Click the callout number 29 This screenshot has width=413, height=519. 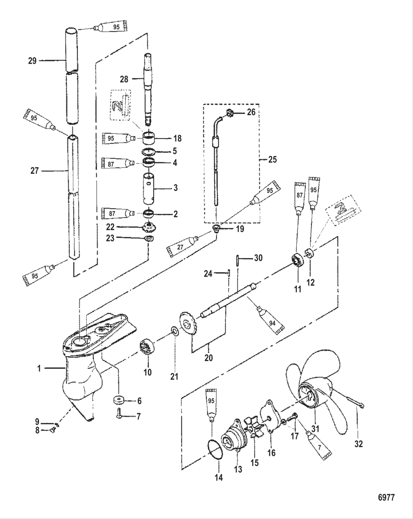click(x=32, y=61)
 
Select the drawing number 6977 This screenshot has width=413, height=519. click(x=386, y=498)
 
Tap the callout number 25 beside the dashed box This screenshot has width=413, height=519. click(x=273, y=160)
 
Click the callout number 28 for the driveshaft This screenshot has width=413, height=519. click(x=124, y=79)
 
